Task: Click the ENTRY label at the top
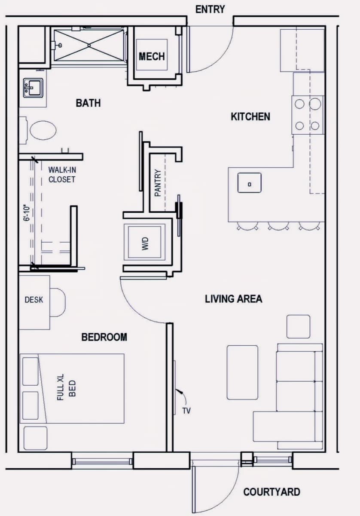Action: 210,9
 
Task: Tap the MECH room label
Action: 152,56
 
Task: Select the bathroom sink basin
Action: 33,88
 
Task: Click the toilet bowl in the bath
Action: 43,130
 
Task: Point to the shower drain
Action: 89,46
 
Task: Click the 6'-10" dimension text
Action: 27,213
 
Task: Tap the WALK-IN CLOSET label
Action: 62,175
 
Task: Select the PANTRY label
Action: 158,183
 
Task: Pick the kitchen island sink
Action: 250,183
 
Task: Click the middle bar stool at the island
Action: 278,226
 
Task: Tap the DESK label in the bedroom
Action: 34,300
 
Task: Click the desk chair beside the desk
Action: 58,302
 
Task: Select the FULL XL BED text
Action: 66,387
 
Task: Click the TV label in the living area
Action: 186,411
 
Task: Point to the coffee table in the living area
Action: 242,372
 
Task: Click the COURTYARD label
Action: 272,492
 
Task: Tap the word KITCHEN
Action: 250,117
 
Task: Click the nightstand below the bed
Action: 36,438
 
